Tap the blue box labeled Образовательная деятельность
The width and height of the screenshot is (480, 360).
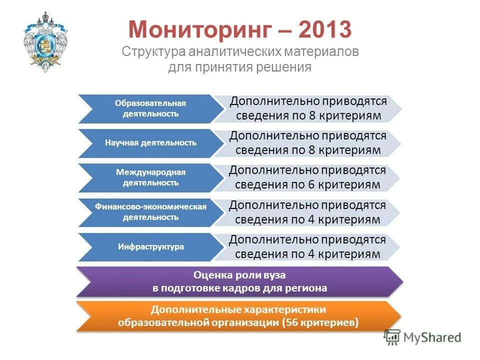(150, 108)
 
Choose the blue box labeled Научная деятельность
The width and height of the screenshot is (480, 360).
(150, 143)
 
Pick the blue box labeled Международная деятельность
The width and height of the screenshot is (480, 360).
(150, 177)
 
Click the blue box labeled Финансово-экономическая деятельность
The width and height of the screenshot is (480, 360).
(150, 212)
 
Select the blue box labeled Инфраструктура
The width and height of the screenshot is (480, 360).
(150, 247)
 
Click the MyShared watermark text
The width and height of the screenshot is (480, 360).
(432, 337)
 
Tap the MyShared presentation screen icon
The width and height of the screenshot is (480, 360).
(392, 337)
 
